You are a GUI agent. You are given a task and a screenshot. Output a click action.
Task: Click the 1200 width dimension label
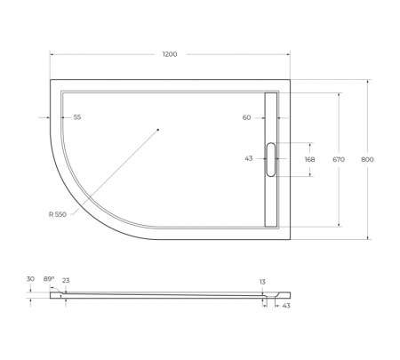coord(170,54)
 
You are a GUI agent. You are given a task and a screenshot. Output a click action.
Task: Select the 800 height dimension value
coord(367,159)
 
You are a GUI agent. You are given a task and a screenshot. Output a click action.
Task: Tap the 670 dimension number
coord(338,159)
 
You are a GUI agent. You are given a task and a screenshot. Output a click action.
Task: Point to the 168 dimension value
coord(309,159)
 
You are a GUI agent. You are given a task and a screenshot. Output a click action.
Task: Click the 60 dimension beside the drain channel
coord(246,117)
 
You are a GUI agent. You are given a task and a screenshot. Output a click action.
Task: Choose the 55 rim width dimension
coord(77,117)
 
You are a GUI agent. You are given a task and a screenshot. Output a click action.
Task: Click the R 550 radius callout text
coord(60,214)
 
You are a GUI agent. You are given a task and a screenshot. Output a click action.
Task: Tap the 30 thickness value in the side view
coord(30,279)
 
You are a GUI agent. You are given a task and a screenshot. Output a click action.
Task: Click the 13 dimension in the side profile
coord(262,282)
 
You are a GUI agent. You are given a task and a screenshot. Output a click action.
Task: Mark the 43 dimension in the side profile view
coord(286,306)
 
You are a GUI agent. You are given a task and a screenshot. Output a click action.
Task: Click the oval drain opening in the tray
coord(271,159)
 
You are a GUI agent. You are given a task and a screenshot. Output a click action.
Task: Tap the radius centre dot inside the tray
coord(157,131)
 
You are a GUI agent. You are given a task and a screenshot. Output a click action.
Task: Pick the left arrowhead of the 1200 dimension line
coord(52,54)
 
